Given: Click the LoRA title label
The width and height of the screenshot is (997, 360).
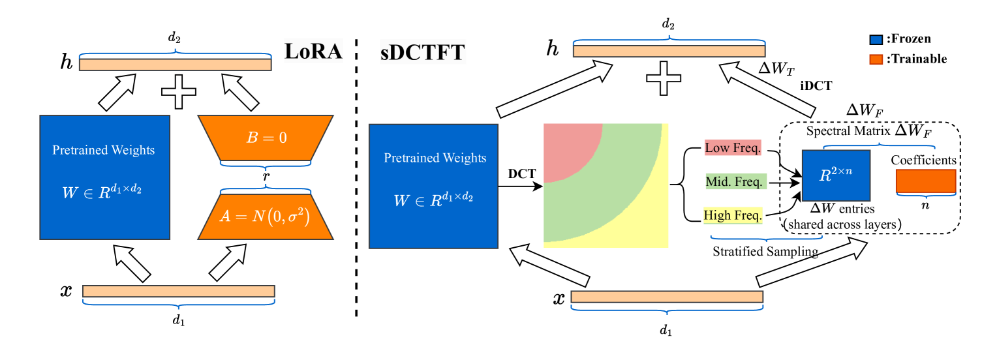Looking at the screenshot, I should click(x=313, y=51).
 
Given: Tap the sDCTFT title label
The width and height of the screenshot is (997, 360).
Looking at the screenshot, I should click(x=423, y=52).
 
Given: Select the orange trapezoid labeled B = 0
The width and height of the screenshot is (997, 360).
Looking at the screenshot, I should click(x=266, y=138).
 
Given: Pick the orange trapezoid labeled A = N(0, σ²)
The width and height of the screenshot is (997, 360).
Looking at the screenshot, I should click(x=265, y=216).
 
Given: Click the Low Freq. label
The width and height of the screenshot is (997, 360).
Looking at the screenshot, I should click(x=733, y=148).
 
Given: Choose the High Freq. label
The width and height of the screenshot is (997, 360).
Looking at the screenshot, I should click(x=733, y=216).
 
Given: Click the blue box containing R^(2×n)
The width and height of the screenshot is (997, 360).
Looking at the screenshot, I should click(x=836, y=175).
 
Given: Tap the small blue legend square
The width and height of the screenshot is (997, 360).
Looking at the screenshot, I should click(x=876, y=40).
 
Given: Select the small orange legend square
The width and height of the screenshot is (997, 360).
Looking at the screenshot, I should click(x=876, y=60).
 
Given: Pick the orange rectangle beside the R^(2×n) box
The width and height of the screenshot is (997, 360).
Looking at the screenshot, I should click(x=925, y=181).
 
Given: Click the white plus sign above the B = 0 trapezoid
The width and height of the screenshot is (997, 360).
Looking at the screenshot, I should click(x=179, y=92).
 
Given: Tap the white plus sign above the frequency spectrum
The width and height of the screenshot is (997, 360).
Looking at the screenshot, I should click(x=664, y=79).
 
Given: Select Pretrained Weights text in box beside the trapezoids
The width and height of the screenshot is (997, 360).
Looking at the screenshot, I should click(x=104, y=150).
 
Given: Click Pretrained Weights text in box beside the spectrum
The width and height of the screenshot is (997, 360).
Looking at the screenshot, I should click(x=435, y=158).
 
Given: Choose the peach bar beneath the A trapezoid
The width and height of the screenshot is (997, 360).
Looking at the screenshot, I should click(x=179, y=291).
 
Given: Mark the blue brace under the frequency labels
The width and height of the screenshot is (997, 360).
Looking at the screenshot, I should click(x=766, y=238).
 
